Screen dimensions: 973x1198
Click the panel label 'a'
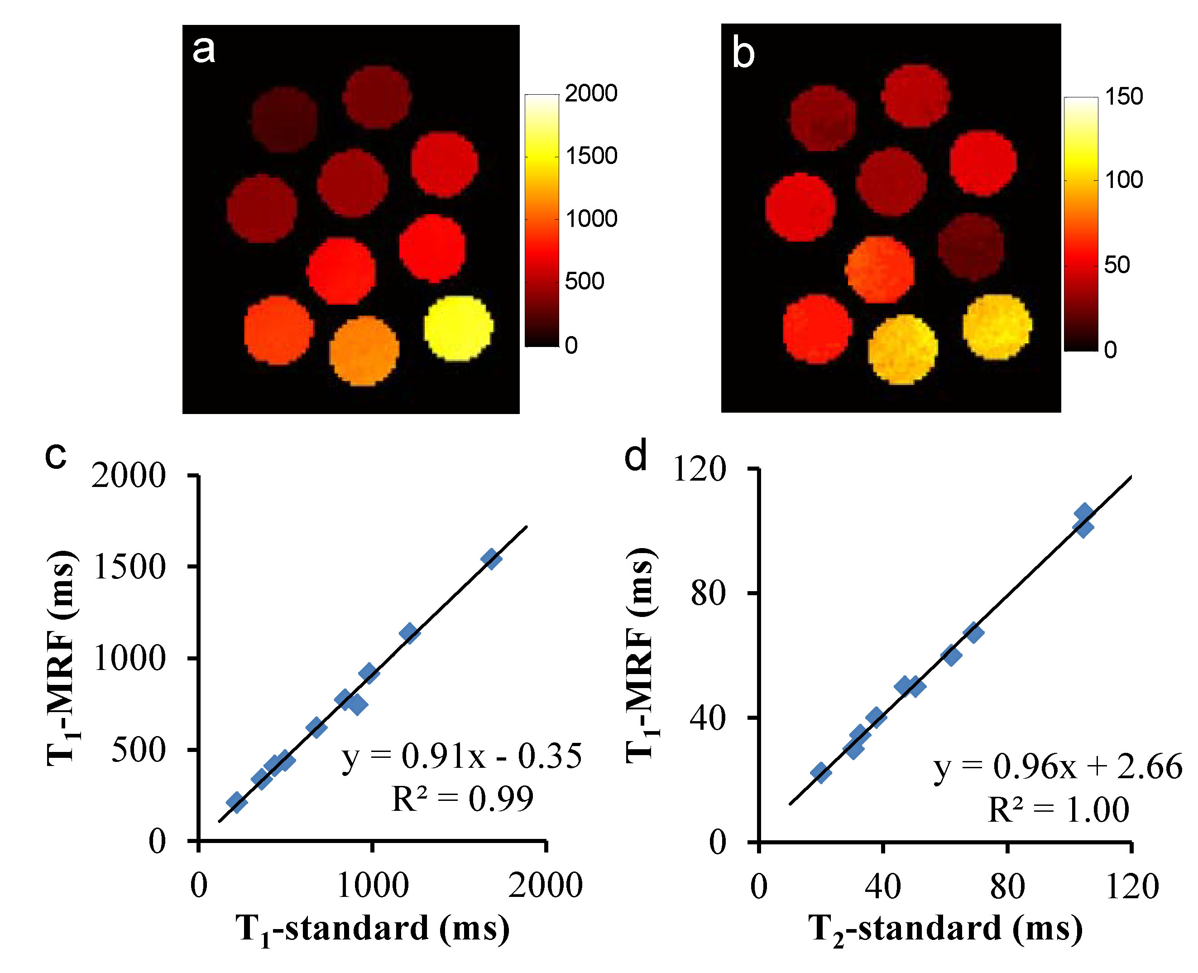(x=203, y=50)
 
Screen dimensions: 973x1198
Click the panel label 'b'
(x=743, y=54)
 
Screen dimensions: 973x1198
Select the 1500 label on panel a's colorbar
(x=591, y=156)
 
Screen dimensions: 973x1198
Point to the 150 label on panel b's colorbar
(x=1123, y=96)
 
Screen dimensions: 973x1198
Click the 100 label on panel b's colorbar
(x=1123, y=180)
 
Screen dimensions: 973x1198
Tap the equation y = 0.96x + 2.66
(x=1058, y=767)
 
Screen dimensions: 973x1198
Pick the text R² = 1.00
(x=1058, y=809)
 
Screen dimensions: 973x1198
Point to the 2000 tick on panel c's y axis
(x=129, y=477)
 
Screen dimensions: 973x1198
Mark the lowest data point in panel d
(x=820, y=773)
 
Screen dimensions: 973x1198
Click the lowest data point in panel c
(x=236, y=802)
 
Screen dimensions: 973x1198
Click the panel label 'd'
(x=636, y=456)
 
